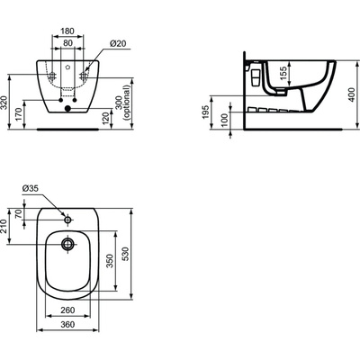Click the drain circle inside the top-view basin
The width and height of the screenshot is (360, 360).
[x=68, y=243]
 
